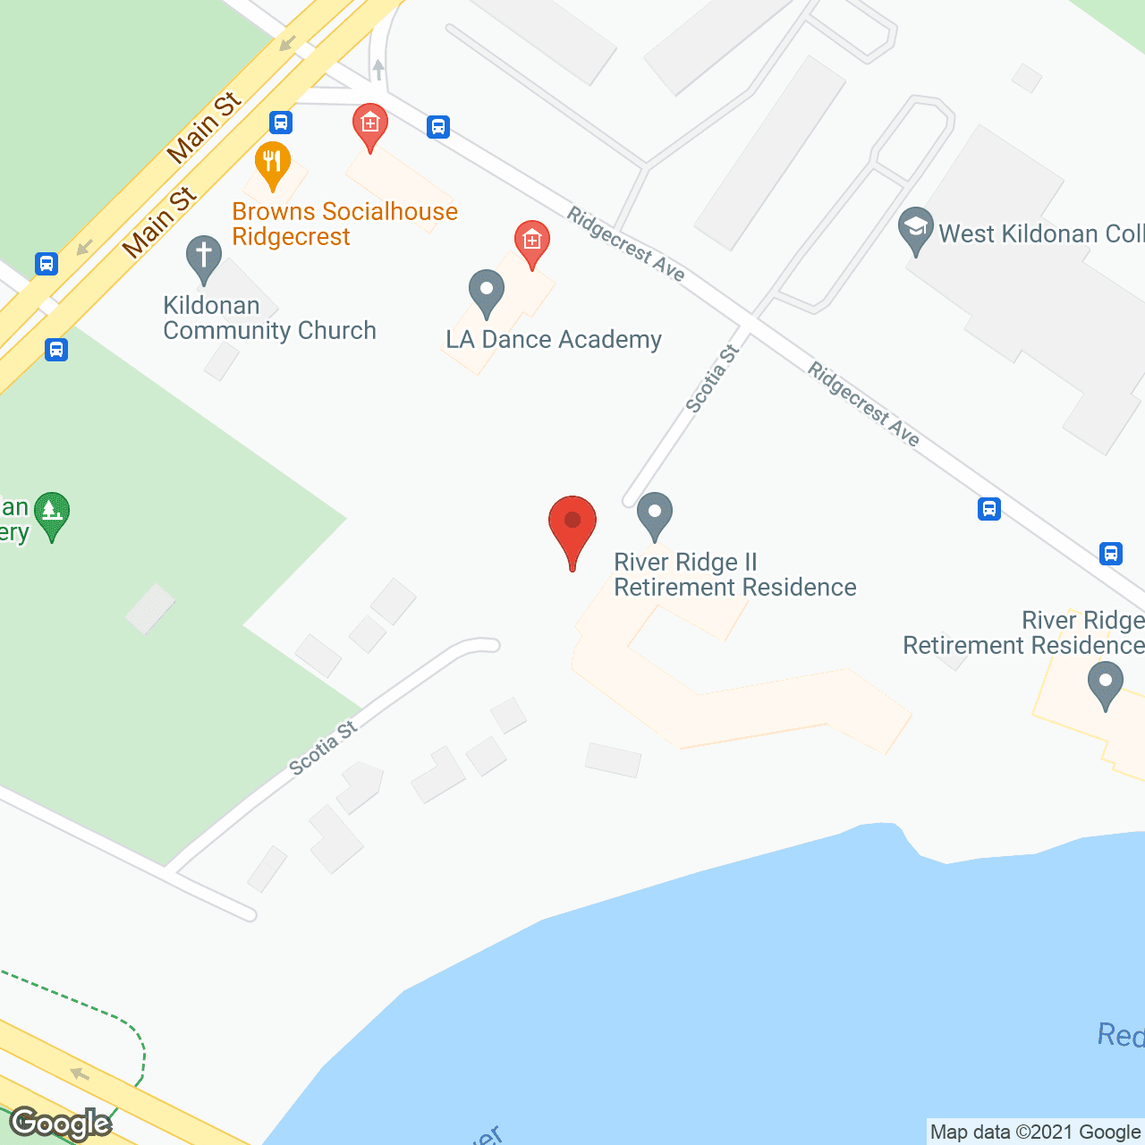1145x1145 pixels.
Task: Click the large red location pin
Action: click(572, 528)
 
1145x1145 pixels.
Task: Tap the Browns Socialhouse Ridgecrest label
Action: click(344, 224)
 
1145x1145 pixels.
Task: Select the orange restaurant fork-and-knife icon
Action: click(273, 163)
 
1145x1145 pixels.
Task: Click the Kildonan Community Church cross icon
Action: click(204, 258)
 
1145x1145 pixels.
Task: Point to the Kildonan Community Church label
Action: click(268, 318)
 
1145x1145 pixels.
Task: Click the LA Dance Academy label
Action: click(554, 340)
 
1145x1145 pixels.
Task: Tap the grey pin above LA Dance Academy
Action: click(487, 292)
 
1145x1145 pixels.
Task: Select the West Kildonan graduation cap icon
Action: click(915, 229)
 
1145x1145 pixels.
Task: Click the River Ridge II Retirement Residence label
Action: click(734, 574)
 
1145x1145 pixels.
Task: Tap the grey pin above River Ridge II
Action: click(655, 514)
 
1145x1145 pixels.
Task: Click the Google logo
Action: click(61, 1123)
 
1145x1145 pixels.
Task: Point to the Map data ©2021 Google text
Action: click(1035, 1132)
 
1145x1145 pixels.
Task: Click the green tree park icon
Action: click(52, 513)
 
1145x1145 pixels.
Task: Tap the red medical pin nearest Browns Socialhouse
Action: click(369, 124)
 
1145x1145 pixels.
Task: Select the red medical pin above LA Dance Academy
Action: click(531, 242)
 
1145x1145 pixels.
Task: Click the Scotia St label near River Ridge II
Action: click(712, 378)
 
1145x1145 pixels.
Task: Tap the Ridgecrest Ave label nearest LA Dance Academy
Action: click(626, 244)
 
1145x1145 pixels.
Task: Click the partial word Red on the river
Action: click(1120, 1035)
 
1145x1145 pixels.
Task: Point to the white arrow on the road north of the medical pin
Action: click(378, 69)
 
